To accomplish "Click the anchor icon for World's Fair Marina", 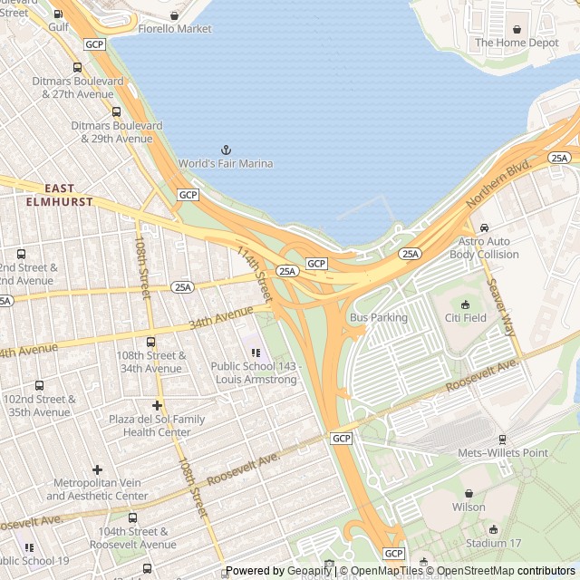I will tap(226, 149).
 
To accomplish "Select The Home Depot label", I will tap(517, 43).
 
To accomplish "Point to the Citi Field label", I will tap(465, 318).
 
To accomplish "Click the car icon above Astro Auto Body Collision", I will tap(485, 227).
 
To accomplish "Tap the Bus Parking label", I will tap(379, 318).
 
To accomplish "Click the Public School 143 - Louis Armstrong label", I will tap(254, 373).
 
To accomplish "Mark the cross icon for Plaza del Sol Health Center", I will tap(157, 405).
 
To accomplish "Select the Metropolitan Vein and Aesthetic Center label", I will tap(97, 489).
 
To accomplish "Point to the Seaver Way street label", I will tap(502, 305).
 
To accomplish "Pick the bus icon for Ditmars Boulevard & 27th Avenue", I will tap(77, 67).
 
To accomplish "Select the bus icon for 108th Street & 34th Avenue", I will tap(150, 343).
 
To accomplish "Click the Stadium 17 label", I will tap(493, 544).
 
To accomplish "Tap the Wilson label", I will tap(469, 507).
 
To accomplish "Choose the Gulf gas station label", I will tap(58, 28).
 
